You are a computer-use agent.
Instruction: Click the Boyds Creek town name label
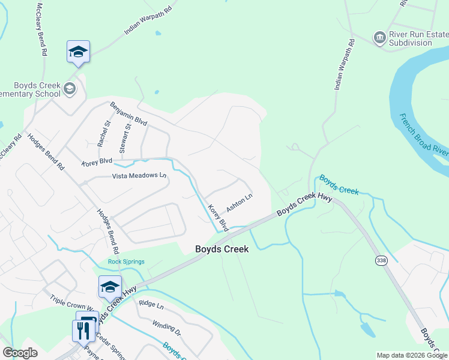point(222,248)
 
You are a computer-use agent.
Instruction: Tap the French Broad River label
point(424,136)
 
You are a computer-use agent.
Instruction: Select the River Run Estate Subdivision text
point(415,38)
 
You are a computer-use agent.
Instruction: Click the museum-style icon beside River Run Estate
point(379,38)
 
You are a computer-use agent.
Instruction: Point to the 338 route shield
point(381,260)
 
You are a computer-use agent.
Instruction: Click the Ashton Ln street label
point(240,202)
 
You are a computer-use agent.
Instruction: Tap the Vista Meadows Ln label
point(139,176)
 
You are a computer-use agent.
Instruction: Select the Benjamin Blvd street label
point(128,113)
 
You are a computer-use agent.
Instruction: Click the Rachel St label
point(104,134)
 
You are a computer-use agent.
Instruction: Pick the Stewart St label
point(125,138)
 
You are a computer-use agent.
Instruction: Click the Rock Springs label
point(127,261)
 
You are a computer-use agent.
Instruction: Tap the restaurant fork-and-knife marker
point(83,330)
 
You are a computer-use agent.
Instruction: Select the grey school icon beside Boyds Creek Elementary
point(70,89)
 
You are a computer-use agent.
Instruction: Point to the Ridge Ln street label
point(151,305)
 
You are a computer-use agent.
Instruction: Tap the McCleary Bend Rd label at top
point(41,29)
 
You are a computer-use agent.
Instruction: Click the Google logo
point(20,353)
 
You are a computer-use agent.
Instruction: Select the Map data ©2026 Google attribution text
point(412,355)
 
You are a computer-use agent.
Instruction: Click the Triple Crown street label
point(73,299)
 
